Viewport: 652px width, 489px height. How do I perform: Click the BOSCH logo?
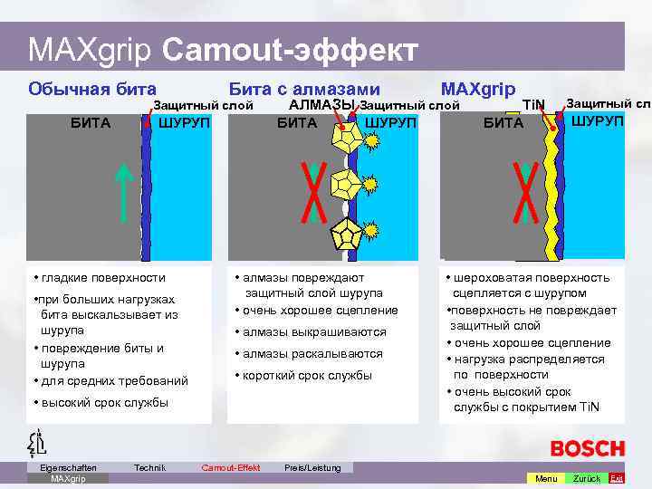click(588, 448)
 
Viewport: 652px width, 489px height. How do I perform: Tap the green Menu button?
click(546, 478)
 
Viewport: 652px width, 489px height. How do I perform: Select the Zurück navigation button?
click(586, 478)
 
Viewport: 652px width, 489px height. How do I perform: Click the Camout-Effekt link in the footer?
click(230, 467)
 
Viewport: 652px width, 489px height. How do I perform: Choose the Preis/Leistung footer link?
click(312, 467)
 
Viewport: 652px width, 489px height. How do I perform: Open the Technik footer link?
click(149, 467)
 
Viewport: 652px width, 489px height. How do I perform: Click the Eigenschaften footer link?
click(68, 467)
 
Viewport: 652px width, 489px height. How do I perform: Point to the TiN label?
click(535, 106)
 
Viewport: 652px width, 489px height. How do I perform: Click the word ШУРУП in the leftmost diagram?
click(184, 122)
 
